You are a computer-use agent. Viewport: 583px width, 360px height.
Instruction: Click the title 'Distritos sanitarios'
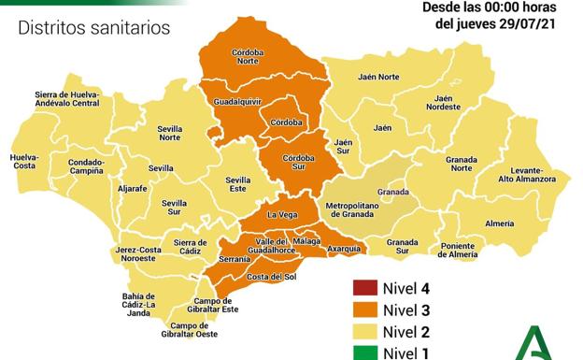tap(94, 28)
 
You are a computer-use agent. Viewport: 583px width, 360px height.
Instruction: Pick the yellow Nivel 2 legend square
tap(364, 332)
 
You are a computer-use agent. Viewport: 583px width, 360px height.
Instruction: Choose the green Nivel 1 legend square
tap(364, 353)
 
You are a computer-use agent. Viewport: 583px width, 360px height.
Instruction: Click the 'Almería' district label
tap(499, 223)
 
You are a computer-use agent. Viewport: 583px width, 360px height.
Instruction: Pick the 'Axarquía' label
tap(345, 249)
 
